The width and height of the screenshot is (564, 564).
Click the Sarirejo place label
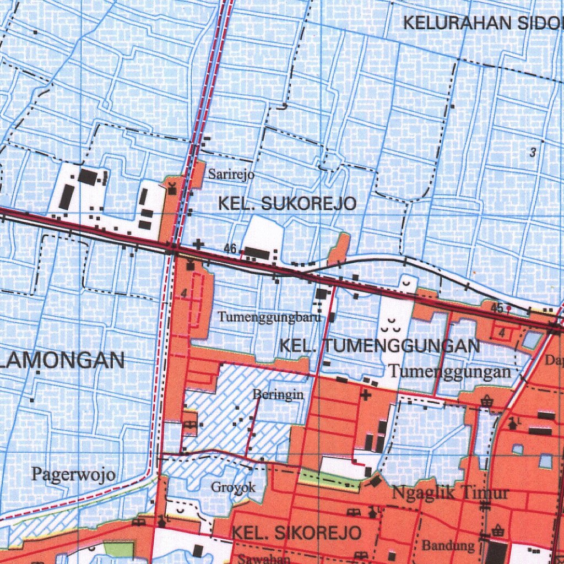231,175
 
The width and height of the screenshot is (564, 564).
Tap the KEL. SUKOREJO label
287,204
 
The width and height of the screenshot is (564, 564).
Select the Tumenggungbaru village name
269,317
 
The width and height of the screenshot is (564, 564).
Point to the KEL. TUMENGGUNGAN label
379,346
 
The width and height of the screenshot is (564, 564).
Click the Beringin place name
278,394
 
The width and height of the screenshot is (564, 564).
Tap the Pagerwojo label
73,474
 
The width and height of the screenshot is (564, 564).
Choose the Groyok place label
234,487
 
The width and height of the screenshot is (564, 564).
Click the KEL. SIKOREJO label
296,533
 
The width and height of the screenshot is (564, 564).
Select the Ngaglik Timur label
450,492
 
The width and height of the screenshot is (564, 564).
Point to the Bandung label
448,546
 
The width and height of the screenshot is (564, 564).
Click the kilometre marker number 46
230,250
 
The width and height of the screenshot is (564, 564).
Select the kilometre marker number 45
497,308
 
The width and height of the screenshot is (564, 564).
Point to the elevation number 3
533,153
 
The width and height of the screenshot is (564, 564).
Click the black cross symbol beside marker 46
198,243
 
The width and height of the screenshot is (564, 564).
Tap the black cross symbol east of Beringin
365,394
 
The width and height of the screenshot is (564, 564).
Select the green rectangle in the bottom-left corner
119,549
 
